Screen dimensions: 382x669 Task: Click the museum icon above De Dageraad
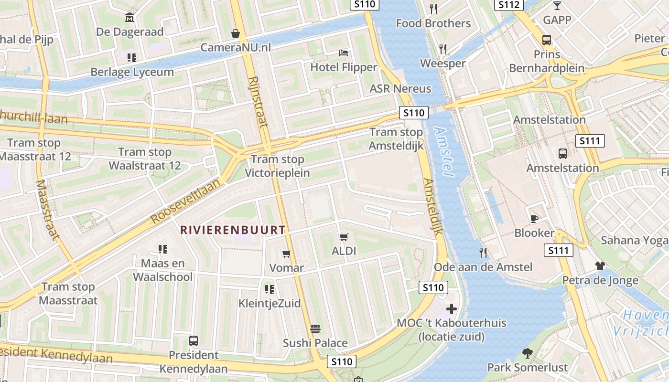[129, 18]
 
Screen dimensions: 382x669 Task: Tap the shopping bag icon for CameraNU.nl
[236, 33]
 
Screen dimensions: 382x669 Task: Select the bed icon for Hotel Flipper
[344, 53]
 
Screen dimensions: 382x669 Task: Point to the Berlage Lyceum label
[132, 72]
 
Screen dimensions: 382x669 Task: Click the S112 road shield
[508, 5]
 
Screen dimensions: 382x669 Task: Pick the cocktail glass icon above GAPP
[557, 6]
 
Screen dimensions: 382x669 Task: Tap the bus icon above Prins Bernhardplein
[547, 40]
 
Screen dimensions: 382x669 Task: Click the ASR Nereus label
[400, 89]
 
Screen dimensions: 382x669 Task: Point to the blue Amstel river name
[444, 152]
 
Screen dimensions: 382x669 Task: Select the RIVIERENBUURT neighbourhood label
[233, 230]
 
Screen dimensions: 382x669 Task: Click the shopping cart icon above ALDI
[344, 237]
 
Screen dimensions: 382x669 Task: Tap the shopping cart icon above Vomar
[286, 254]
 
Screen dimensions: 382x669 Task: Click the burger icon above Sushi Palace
[315, 329]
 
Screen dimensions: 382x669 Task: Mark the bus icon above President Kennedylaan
[194, 341]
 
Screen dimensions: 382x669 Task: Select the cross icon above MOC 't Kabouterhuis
[451, 309]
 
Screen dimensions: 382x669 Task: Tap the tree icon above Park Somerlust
[528, 353]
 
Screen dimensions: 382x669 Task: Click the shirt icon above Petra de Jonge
[600, 266]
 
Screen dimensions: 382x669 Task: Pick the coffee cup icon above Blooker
[534, 219]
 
